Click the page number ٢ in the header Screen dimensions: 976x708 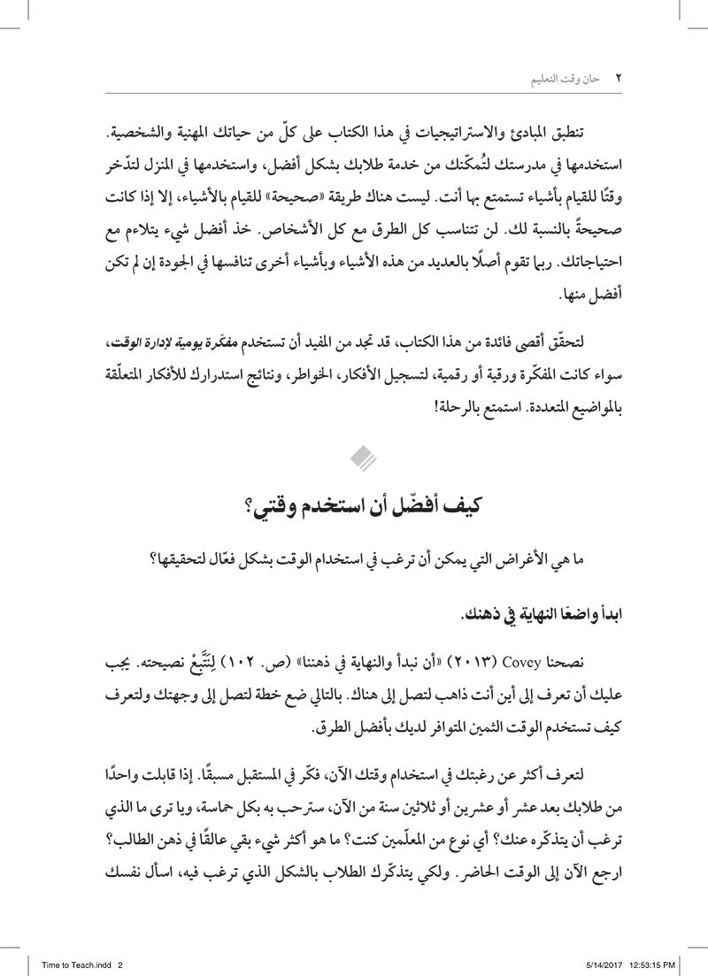pyautogui.click(x=619, y=78)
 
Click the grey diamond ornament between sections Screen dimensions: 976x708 pyautogui.click(x=363, y=457)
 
